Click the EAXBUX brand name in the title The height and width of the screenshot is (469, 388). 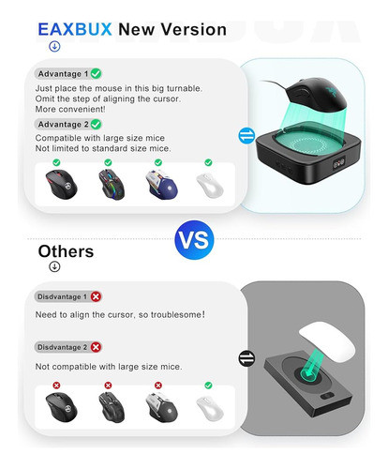(x=74, y=29)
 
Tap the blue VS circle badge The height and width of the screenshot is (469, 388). (x=193, y=239)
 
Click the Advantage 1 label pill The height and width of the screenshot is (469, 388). (x=63, y=73)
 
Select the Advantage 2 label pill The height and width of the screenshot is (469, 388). (x=63, y=124)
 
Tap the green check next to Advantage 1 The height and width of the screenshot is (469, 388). (x=97, y=73)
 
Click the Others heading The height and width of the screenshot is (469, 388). (x=66, y=251)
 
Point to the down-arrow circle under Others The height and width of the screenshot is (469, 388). (x=54, y=266)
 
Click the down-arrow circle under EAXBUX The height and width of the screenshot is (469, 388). (x=54, y=46)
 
